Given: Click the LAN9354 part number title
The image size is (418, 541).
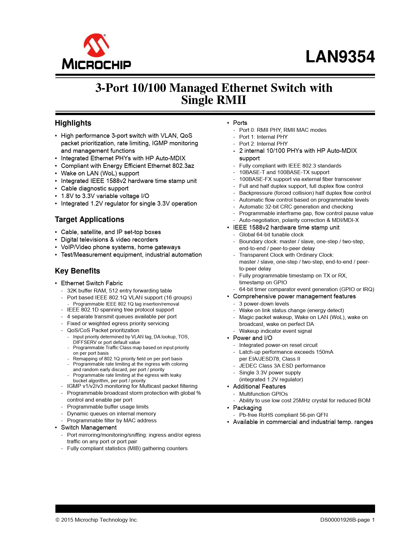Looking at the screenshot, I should point(340,57).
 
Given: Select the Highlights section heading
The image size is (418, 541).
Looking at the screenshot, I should point(73,123).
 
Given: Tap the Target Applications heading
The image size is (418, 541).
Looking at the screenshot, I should point(90,220).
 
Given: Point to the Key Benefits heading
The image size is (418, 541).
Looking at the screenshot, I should point(77,271).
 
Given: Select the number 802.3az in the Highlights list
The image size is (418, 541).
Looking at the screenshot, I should point(183,166).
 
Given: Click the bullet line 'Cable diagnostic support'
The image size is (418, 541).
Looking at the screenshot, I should point(94,189).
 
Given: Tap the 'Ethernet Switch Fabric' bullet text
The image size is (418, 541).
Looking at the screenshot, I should point(92,283).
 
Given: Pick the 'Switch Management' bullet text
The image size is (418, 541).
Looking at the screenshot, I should point(89,428).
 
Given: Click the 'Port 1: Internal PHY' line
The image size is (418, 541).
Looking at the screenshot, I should point(263,137).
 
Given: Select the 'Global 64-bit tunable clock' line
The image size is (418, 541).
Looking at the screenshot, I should point(271,235).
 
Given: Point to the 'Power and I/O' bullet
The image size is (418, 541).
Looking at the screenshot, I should point(252,338).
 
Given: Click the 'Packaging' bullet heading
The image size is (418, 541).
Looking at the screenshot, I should point(247,408).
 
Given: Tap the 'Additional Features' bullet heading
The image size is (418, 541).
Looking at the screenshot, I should point(259,387).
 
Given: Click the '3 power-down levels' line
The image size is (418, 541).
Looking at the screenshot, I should point(264,304).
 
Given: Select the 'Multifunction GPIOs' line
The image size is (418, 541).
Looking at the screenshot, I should point(263,394).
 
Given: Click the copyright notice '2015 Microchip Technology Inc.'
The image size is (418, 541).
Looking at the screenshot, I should point(99,520).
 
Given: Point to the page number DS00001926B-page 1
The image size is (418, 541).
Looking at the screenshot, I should point(347,520).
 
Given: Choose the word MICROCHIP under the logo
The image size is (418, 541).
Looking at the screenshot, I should point(96,64).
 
